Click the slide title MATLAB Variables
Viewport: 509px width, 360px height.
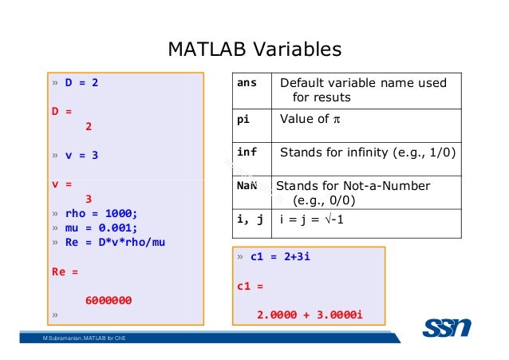[254, 49]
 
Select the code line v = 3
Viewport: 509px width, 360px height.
[81, 156]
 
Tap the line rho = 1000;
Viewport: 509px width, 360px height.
[101, 214]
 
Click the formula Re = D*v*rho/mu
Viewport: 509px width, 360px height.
[115, 243]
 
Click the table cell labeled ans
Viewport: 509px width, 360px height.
[247, 84]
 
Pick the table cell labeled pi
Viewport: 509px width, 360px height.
[243, 120]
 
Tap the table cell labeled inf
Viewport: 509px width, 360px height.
[246, 152]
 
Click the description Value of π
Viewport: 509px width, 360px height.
[310, 120]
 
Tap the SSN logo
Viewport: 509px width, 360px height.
[446, 326]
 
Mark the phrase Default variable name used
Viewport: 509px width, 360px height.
[363, 84]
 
